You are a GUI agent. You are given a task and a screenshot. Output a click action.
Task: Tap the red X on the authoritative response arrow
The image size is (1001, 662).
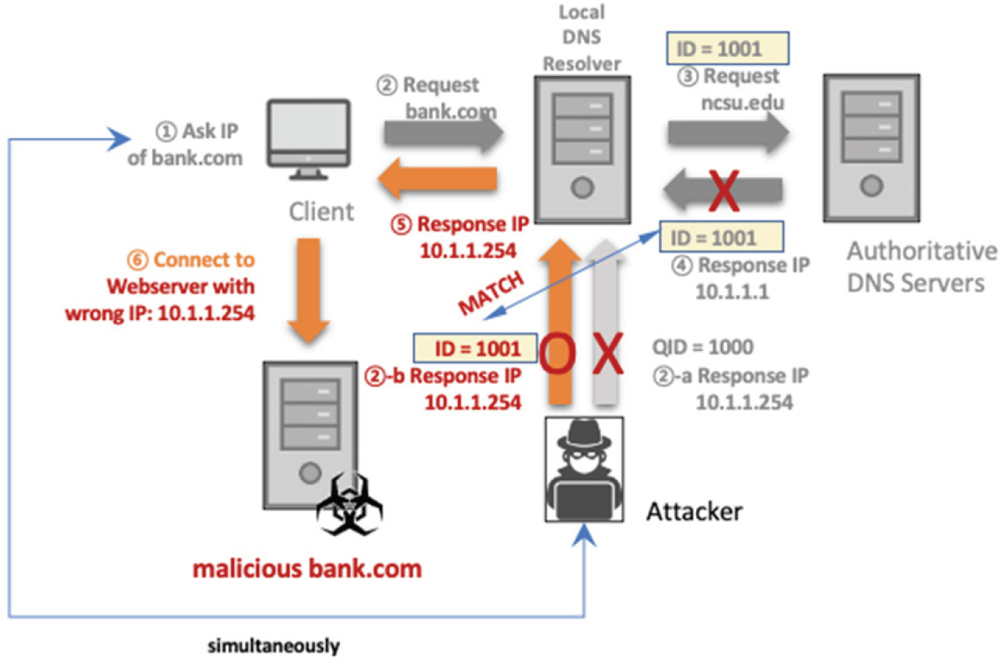click(x=725, y=191)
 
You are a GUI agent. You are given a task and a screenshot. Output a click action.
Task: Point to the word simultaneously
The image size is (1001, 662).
click(x=274, y=645)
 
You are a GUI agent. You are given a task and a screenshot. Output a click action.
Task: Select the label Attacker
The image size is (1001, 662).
click(x=694, y=510)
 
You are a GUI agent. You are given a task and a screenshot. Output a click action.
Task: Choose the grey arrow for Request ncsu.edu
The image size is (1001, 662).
click(x=728, y=131)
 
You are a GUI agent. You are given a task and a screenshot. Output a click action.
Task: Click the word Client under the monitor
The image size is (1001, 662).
click(x=322, y=211)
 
